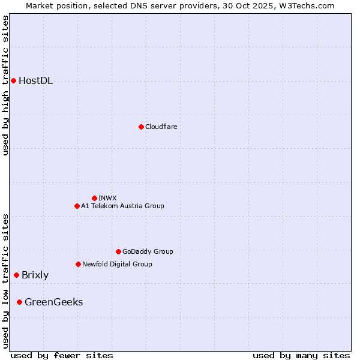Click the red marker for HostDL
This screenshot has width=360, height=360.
[x=13, y=80]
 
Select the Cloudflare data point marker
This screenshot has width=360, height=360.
[x=141, y=127]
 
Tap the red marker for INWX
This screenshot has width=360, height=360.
[x=94, y=198]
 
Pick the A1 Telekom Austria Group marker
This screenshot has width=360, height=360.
[x=77, y=206]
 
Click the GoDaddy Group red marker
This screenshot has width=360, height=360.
[x=118, y=251]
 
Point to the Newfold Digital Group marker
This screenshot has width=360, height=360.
[x=78, y=264]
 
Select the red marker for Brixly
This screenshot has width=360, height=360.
[x=16, y=275]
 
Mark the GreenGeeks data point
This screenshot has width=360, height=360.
[x=19, y=302]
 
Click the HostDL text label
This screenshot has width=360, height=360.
[x=35, y=81]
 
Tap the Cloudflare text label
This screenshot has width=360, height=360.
[x=161, y=127]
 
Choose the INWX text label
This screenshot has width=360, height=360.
[x=107, y=198]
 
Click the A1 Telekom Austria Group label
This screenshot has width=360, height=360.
[x=122, y=206]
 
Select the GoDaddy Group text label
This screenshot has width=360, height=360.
[x=148, y=251]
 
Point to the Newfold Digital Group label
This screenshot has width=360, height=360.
[x=117, y=264]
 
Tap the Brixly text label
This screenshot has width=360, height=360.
[x=35, y=275]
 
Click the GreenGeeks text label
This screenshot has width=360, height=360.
[x=53, y=302]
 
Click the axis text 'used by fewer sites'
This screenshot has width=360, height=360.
[x=62, y=355]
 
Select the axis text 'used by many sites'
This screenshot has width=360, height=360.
[x=301, y=355]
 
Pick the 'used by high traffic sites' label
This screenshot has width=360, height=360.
[x=6, y=85]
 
